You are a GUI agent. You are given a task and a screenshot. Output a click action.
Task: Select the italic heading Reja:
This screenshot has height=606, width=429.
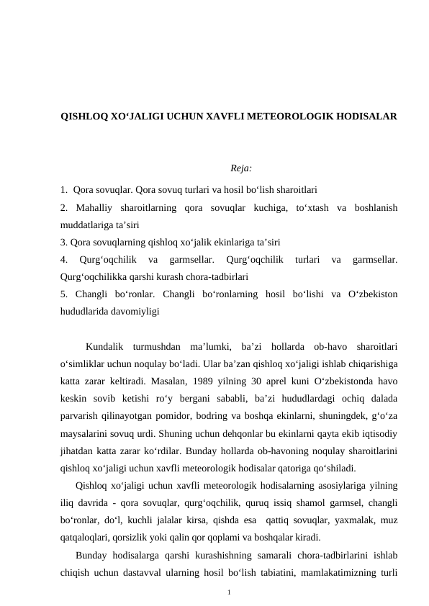[240, 169]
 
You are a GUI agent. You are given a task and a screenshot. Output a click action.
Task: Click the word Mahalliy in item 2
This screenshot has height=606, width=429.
[94, 208]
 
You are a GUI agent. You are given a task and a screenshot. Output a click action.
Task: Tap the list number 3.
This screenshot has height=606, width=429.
[63, 242]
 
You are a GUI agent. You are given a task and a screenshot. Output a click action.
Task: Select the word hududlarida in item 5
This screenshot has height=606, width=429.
[86, 312]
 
